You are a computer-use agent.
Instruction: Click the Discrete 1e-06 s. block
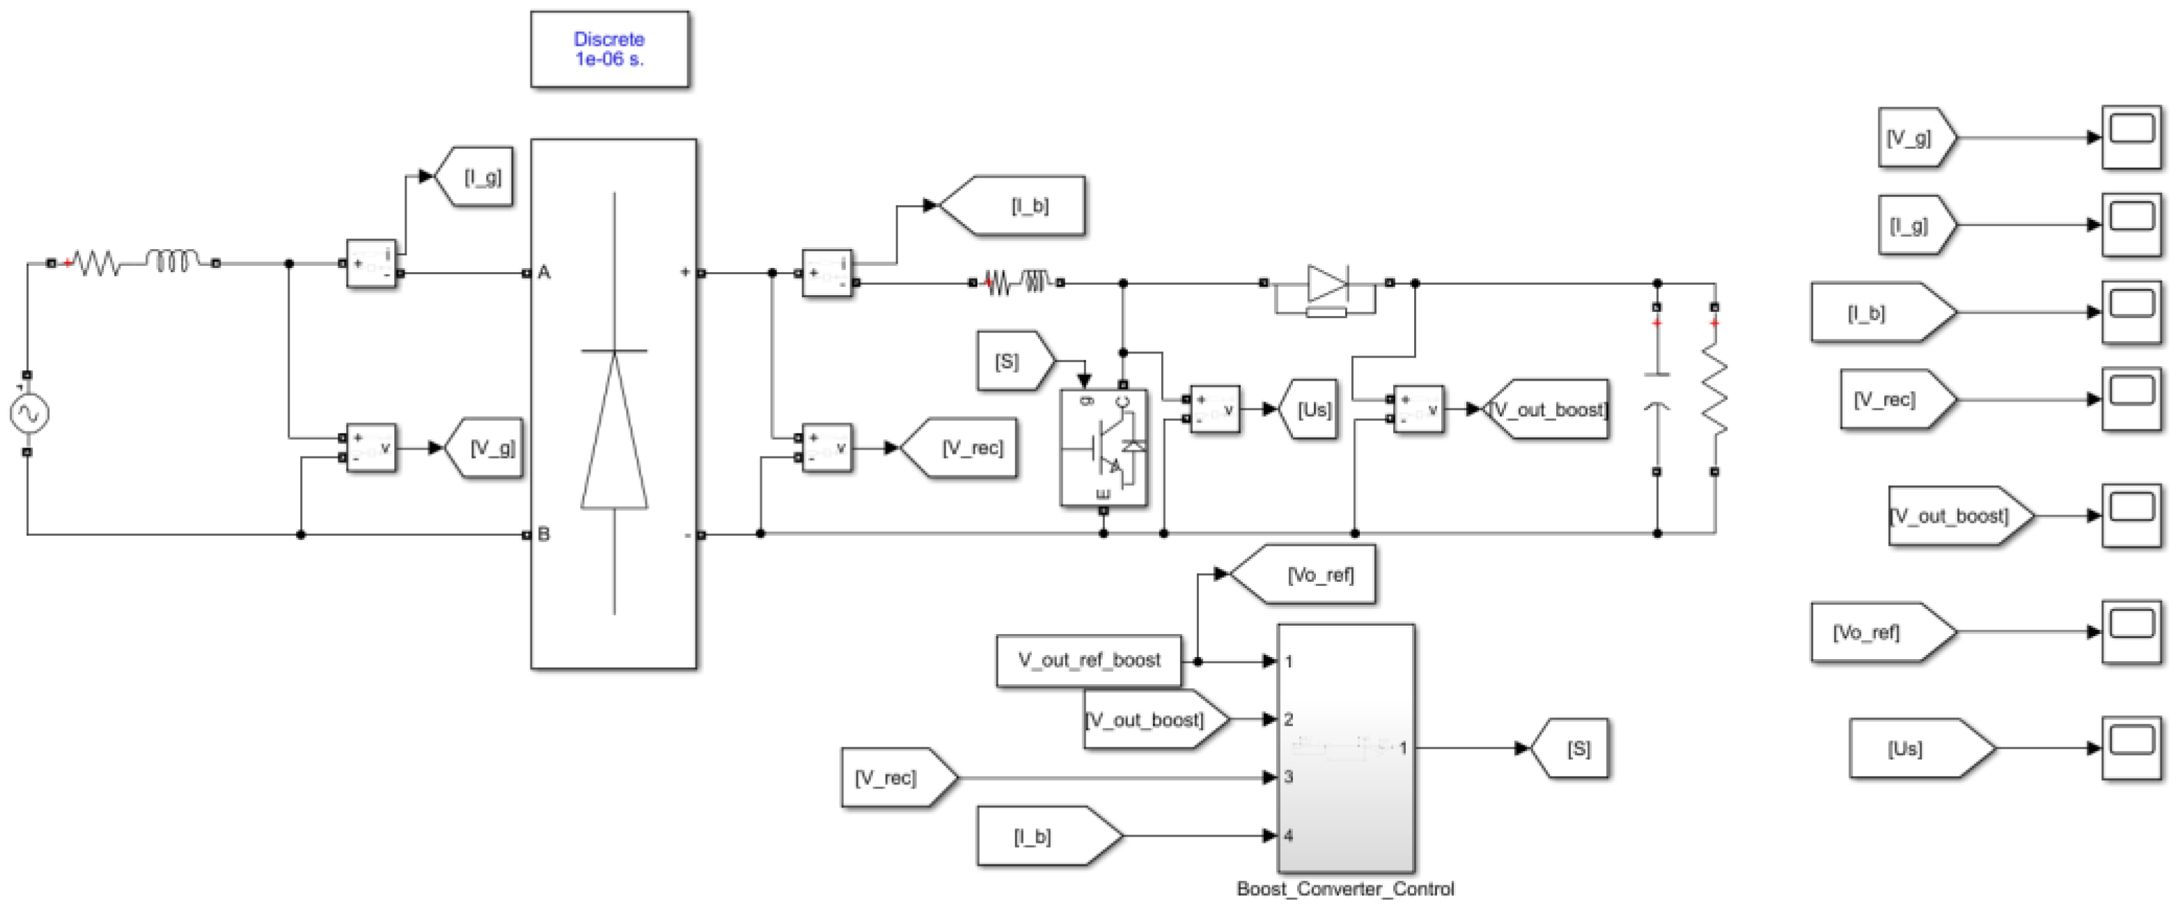609,49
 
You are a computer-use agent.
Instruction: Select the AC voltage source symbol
29,413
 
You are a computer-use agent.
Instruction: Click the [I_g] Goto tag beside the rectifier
478,177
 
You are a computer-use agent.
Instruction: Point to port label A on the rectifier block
544,272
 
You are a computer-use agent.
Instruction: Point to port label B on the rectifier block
544,534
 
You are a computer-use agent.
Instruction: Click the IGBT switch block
1104,447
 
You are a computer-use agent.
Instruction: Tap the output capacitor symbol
1657,389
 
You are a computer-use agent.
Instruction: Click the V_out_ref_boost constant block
1088,660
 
